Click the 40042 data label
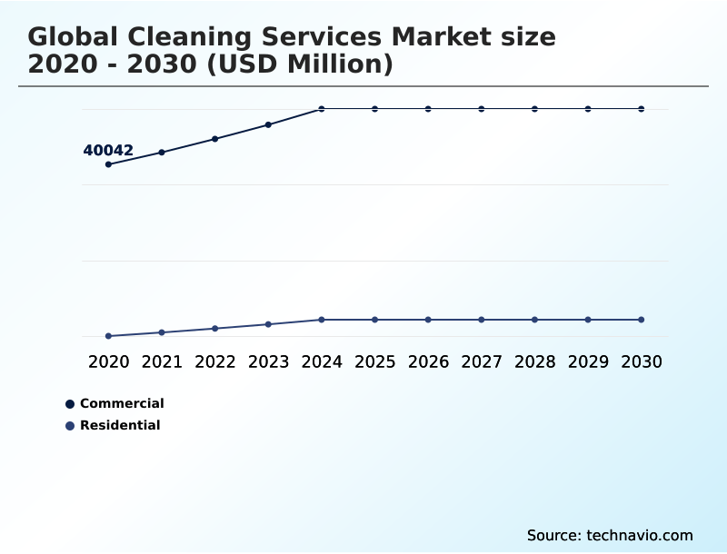point(108,151)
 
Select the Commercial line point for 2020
point(108,164)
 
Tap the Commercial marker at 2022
point(215,139)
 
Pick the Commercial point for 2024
point(322,109)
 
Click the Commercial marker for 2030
point(642,109)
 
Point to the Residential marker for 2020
point(108,336)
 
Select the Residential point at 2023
point(268,324)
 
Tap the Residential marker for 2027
point(482,320)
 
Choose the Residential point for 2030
point(642,320)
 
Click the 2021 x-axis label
point(162,362)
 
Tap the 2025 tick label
point(374,362)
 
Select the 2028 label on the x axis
point(534,362)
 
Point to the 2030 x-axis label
point(642,362)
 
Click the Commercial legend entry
point(121,403)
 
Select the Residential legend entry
point(119,425)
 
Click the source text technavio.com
point(640,535)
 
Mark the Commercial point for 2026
point(428,109)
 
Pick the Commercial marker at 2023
point(268,124)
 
